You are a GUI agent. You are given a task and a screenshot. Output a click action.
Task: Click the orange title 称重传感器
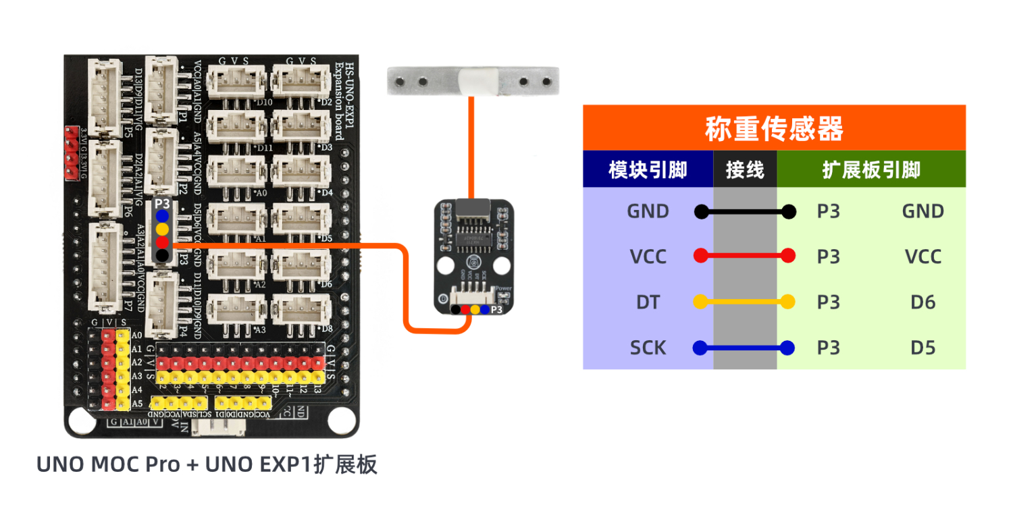click(774, 128)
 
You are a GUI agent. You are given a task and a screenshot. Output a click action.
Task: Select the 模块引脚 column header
click(648, 169)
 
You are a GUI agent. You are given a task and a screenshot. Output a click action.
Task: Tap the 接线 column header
click(745, 169)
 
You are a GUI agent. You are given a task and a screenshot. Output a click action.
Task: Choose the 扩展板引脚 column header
click(871, 169)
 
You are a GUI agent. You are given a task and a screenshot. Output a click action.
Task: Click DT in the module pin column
click(648, 302)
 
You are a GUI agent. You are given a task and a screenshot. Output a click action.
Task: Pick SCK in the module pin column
click(648, 348)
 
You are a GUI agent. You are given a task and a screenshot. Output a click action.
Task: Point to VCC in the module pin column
click(648, 256)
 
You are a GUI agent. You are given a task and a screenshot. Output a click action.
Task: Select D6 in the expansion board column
click(923, 302)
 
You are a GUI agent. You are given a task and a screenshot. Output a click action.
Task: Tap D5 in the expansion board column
click(923, 348)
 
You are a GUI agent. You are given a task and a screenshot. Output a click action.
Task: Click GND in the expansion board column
click(923, 211)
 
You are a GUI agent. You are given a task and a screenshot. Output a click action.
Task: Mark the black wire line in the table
click(745, 212)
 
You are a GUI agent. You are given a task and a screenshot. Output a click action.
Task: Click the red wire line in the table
click(745, 256)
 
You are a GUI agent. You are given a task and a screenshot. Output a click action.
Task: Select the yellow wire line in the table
click(745, 302)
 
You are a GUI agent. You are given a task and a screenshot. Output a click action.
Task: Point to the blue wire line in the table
click(745, 348)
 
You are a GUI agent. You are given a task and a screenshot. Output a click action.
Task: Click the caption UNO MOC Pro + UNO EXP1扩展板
click(207, 465)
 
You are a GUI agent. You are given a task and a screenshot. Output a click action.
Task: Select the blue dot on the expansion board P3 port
click(162, 216)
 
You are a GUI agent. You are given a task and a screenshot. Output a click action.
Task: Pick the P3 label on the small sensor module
click(497, 310)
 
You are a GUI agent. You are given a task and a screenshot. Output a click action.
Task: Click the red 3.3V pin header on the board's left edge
click(71, 153)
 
